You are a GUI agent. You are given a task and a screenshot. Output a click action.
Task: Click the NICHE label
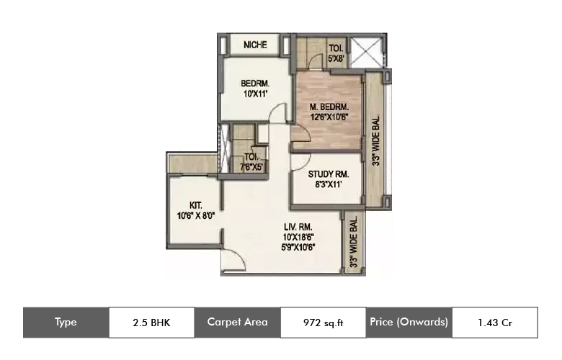pyautogui.click(x=255, y=45)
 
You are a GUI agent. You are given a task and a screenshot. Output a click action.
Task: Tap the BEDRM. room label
pyautogui.click(x=255, y=84)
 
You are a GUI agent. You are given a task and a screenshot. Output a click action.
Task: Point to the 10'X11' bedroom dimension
pyautogui.click(x=255, y=94)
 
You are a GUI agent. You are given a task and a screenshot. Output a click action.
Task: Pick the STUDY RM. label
pyautogui.click(x=329, y=174)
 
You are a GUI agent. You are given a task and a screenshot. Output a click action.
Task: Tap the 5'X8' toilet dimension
pyautogui.click(x=336, y=60)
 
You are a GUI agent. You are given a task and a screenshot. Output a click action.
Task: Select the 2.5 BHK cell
pyautogui.click(x=151, y=322)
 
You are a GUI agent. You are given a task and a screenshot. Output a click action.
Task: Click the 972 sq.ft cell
pyautogui.click(x=324, y=323)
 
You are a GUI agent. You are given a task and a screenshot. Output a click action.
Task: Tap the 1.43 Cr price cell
pyautogui.click(x=494, y=323)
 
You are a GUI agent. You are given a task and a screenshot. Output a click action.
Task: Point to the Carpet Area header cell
pyautogui.click(x=237, y=322)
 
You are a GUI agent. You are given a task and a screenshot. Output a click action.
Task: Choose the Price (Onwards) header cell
pyautogui.click(x=409, y=322)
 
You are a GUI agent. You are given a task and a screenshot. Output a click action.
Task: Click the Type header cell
pyautogui.click(x=66, y=322)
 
